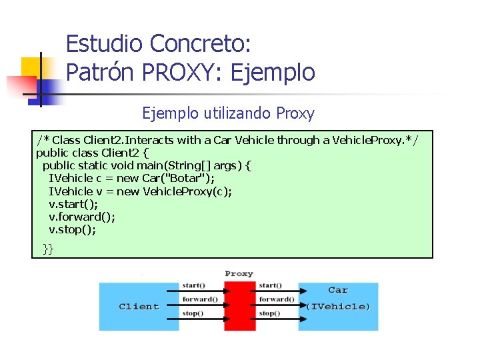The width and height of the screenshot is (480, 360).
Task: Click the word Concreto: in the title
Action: [x=201, y=44]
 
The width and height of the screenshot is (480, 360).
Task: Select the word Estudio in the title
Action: [x=104, y=44]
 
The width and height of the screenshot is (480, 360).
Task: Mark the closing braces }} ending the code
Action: [x=48, y=249]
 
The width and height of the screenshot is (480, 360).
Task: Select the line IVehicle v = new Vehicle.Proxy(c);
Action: [x=141, y=191]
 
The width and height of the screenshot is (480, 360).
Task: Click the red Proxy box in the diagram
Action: [x=239, y=306]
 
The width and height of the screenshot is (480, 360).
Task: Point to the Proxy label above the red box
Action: [x=239, y=274]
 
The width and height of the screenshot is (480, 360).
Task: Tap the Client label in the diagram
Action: [x=139, y=307]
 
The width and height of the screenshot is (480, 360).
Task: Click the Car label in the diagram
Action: [x=338, y=291]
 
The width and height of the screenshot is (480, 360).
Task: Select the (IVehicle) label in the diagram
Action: [x=338, y=307]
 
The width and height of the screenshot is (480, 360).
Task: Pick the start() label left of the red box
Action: [x=193, y=287]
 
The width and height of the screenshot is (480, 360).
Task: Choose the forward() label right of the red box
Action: [x=276, y=299]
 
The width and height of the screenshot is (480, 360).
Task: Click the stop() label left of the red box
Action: [x=193, y=313]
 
